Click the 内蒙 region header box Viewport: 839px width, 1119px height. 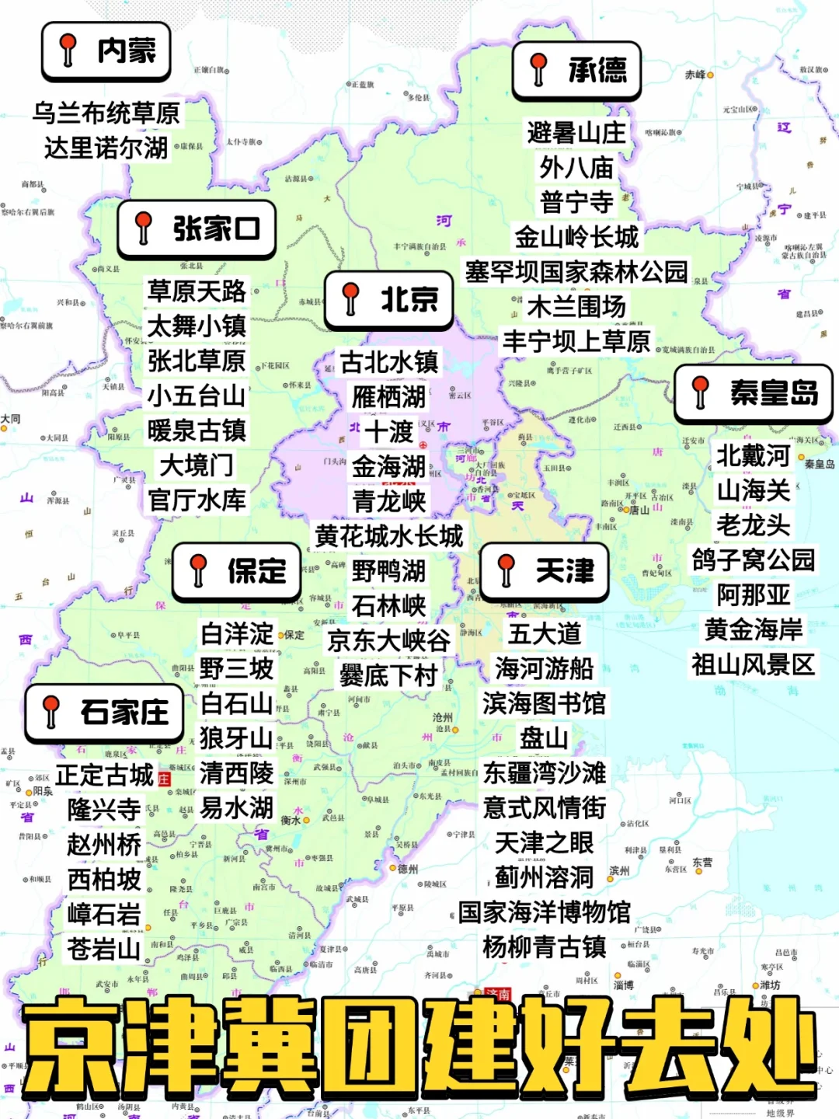[x=106, y=51]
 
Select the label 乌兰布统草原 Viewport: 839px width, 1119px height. [x=106, y=113]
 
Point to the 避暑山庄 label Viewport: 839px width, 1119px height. [x=576, y=133]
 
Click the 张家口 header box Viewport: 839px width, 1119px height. [x=197, y=229]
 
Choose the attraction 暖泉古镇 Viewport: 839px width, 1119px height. [x=197, y=431]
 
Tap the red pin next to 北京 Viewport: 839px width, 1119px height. [x=351, y=298]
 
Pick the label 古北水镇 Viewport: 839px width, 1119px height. [x=389, y=362]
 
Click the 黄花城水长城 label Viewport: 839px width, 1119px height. [x=389, y=536]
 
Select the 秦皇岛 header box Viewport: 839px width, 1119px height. [x=754, y=393]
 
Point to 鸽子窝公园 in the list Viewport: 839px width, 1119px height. [x=754, y=559]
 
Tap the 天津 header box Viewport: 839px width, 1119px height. [x=544, y=572]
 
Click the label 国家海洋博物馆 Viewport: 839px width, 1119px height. [x=544, y=912]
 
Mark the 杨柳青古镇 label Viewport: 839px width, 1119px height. [x=544, y=947]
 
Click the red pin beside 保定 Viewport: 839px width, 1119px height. [x=198, y=570]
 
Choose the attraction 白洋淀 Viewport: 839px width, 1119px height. [x=237, y=634]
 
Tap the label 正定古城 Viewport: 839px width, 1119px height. [x=105, y=775]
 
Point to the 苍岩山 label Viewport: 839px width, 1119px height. [x=104, y=949]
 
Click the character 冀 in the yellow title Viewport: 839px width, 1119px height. [x=270, y=1047]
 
